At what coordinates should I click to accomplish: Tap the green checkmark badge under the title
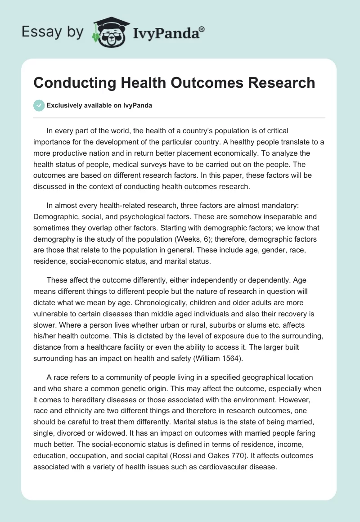tap(39, 105)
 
